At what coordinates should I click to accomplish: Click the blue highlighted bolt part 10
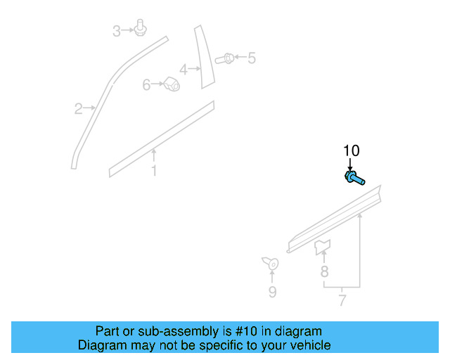click(x=354, y=178)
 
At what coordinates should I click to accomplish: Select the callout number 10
click(x=351, y=150)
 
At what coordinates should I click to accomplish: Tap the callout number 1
click(x=154, y=171)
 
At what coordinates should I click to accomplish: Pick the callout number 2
click(x=79, y=108)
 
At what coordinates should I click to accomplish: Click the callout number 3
click(x=117, y=30)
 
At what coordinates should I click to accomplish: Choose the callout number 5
click(x=251, y=58)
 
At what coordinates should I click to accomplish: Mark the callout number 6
click(x=147, y=84)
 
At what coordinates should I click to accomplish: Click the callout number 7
click(x=342, y=301)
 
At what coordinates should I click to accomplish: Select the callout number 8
click(x=324, y=271)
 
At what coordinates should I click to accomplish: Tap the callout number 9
click(x=272, y=292)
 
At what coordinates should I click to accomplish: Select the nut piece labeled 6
click(x=171, y=84)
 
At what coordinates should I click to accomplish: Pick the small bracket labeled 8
click(x=323, y=245)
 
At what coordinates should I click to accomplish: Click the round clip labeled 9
click(x=271, y=264)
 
